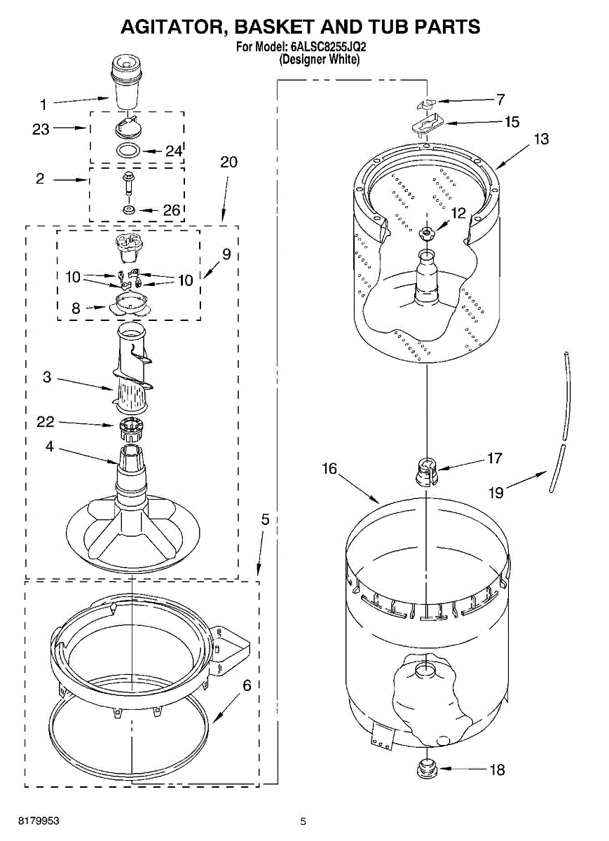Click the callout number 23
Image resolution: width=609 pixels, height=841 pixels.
pyautogui.click(x=41, y=129)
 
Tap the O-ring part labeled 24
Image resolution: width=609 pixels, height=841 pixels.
pyautogui.click(x=127, y=149)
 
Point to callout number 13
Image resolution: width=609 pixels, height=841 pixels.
pyautogui.click(x=541, y=139)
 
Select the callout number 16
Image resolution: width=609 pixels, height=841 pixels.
pyautogui.click(x=330, y=469)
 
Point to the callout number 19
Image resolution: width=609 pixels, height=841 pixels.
pyautogui.click(x=495, y=492)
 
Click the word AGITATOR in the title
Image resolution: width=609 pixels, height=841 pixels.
pyautogui.click(x=172, y=27)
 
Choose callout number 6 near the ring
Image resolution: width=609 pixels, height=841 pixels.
pyautogui.click(x=247, y=685)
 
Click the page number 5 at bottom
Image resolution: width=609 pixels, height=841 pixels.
pyautogui.click(x=303, y=821)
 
